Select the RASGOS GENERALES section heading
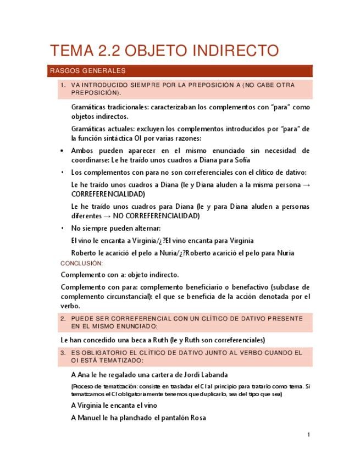(88, 71)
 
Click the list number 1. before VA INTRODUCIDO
(63, 85)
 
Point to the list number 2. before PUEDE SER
(63, 319)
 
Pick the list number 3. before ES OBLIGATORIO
(63, 353)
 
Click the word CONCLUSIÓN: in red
(82, 264)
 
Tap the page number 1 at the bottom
(309, 435)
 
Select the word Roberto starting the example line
(85, 253)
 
